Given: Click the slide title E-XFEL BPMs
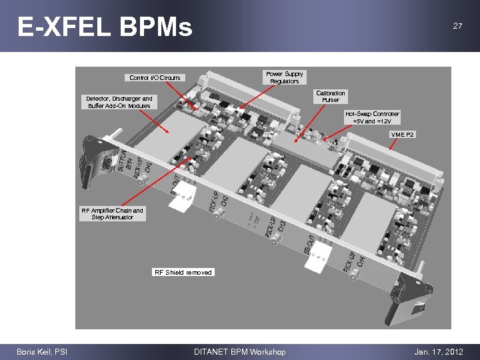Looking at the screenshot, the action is [x=105, y=27].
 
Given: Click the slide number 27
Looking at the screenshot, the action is [x=457, y=26].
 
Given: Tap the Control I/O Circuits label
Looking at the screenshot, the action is [x=155, y=78].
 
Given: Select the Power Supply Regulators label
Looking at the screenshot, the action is [x=284, y=77].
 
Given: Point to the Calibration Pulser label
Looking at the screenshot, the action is [x=331, y=97].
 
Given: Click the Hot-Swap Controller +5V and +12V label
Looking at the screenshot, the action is [x=372, y=117].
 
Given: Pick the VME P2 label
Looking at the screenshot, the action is [x=402, y=135].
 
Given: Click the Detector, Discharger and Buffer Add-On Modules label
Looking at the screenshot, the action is [x=119, y=102].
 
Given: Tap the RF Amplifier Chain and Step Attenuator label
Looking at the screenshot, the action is [x=112, y=214].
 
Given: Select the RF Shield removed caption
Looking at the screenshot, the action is [x=183, y=272].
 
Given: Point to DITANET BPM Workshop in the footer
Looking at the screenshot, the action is [x=239, y=352].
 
